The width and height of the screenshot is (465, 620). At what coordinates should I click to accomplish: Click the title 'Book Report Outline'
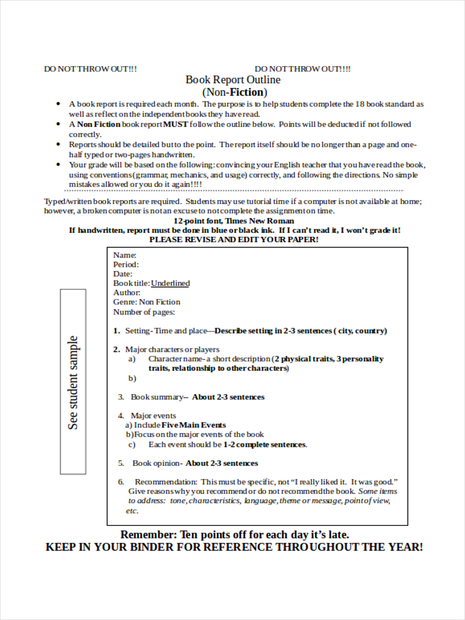[x=233, y=80]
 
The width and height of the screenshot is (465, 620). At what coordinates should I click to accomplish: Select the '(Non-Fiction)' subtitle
[x=235, y=92]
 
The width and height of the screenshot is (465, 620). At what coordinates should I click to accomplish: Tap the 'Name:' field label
[x=125, y=255]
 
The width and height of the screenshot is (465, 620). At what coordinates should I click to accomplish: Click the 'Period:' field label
[x=126, y=265]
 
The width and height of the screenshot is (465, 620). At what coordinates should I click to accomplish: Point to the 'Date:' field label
[x=122, y=274]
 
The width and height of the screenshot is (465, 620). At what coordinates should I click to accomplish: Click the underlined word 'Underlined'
[x=170, y=283]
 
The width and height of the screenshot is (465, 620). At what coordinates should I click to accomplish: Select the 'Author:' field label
[x=127, y=292]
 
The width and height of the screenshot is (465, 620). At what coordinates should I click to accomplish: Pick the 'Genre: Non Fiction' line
[x=147, y=302]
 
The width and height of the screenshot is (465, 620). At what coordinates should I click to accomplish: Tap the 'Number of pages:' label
[x=144, y=312]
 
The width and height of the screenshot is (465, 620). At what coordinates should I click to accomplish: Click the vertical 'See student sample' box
[x=73, y=382]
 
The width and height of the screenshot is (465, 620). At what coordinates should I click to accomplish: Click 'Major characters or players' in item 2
[x=172, y=349]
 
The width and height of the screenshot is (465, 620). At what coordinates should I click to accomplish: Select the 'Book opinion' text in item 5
[x=157, y=463]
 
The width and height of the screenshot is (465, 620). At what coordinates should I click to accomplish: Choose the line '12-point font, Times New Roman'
[x=234, y=221]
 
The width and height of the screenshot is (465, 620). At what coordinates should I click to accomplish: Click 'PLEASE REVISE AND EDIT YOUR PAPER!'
[x=234, y=240]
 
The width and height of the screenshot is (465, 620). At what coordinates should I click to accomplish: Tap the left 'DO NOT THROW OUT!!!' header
[x=90, y=69]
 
